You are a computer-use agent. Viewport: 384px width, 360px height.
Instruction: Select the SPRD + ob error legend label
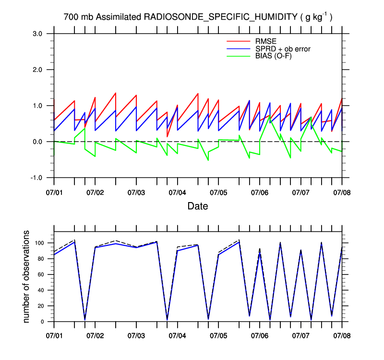click(284, 48)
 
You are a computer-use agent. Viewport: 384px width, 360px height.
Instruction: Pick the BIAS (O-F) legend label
click(274, 56)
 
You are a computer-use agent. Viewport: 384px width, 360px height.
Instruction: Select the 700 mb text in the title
click(79, 17)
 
